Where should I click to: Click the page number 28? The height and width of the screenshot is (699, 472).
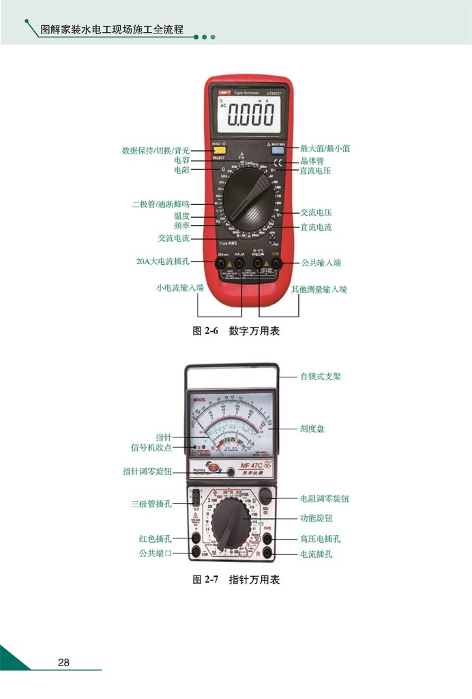point(63,662)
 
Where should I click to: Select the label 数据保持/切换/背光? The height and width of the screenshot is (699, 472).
point(156,150)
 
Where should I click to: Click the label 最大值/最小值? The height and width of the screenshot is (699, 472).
point(325,148)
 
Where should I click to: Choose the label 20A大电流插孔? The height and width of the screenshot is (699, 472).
point(163,261)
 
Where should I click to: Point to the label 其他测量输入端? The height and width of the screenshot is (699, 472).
point(319,289)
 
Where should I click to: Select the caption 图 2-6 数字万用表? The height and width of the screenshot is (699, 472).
point(236,331)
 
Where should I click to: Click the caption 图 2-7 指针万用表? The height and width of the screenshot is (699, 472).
point(236,580)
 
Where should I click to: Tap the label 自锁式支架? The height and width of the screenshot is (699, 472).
point(321,376)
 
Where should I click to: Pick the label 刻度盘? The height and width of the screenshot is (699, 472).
point(312,429)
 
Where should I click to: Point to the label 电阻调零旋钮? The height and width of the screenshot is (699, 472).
point(325,499)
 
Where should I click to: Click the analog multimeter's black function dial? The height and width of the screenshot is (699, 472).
point(231,523)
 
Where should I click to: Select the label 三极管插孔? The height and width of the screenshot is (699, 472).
point(151,504)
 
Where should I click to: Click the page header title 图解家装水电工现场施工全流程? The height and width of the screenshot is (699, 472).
point(113,30)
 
